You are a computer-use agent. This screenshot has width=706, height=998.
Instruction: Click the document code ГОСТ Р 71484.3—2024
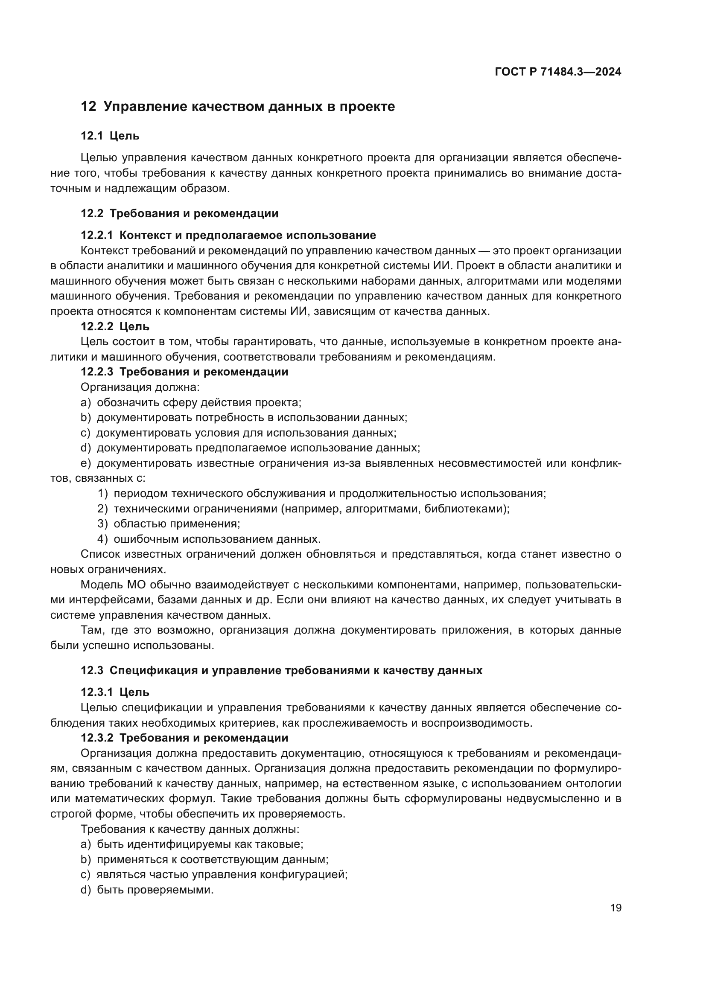tap(558, 72)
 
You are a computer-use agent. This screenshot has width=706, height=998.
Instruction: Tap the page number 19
tap(616, 908)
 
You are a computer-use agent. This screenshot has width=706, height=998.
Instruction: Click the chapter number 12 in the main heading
tap(88, 107)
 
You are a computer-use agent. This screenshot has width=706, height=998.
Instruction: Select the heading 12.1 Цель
tap(110, 136)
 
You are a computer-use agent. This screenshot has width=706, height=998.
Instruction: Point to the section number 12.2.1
tap(96, 236)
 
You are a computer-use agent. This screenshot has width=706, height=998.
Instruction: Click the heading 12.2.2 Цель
tap(115, 326)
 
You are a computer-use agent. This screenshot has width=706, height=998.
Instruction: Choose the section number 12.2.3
tap(96, 372)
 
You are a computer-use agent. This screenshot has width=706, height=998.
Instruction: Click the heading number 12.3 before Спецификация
tap(92, 670)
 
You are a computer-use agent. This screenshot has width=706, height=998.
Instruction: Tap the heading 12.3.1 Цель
tap(115, 692)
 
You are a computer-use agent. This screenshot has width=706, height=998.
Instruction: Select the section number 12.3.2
tap(96, 738)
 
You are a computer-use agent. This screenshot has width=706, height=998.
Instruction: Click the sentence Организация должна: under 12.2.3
tap(140, 387)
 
